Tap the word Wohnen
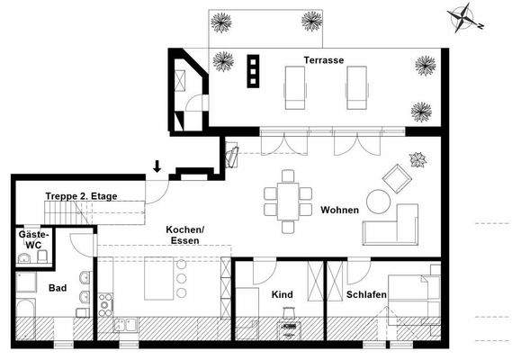[339, 211]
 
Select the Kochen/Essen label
[185, 236]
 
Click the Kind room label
[282, 294]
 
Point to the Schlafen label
[366, 294]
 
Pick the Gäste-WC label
[34, 238]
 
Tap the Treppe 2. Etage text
[76, 195]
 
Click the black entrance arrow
[157, 166]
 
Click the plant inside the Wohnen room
[417, 160]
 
